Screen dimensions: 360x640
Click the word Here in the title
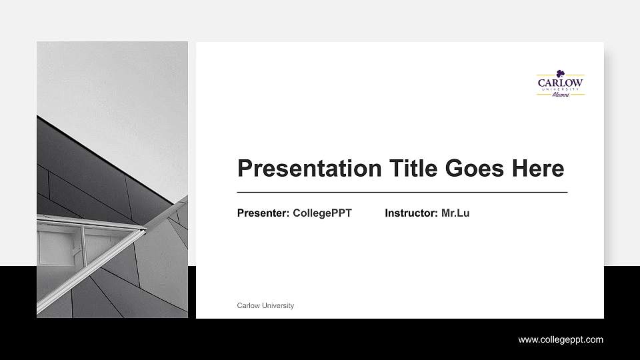[538, 169]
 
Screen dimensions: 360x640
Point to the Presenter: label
[263, 213]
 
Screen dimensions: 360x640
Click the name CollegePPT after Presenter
[322, 213]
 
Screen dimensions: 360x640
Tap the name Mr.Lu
[455, 213]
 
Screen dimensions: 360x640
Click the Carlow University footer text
[265, 305]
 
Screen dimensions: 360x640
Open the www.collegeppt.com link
[561, 340]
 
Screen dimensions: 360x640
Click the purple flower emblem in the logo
[561, 73]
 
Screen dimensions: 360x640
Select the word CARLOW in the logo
[561, 83]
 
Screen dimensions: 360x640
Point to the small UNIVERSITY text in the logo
[561, 89]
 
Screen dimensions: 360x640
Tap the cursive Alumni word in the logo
[561, 95]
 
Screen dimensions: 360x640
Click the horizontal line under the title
[402, 192]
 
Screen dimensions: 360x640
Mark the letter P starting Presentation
[245, 169]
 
